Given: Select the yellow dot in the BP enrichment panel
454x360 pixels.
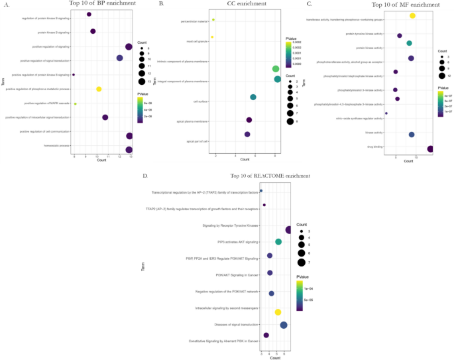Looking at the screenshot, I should (99, 89).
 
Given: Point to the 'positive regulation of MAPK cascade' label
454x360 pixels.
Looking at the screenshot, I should (47, 103).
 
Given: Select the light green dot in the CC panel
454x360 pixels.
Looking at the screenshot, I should (276, 69).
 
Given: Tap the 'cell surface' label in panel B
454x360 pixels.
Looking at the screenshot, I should (201, 101).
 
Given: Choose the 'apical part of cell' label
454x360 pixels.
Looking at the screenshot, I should (198, 142).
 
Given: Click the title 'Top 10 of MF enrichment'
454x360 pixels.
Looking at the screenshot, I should (398, 4).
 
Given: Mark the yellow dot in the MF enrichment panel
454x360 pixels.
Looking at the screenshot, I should (412, 15).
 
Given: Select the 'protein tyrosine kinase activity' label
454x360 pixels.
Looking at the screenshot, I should (365, 34).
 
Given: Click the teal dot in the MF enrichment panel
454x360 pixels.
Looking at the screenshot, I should (409, 43).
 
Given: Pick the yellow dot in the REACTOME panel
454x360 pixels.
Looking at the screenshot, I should (278, 312).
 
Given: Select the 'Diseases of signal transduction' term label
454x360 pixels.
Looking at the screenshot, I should (237, 325).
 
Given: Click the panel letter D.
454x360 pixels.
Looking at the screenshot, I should (145, 176).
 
